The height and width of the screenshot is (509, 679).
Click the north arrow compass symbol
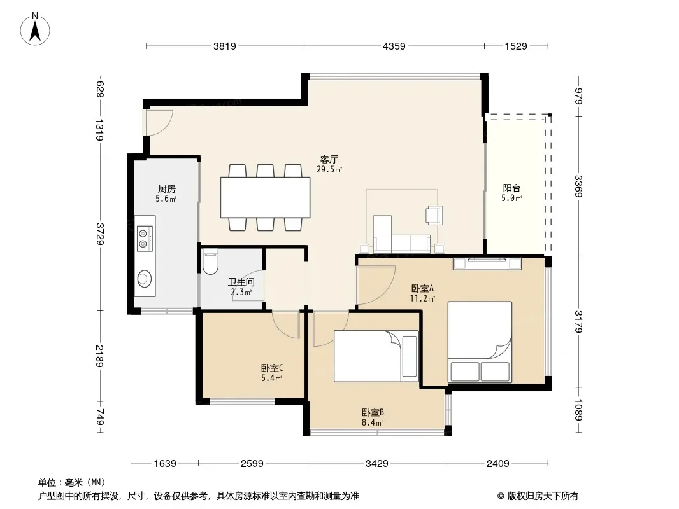click(x=35, y=29)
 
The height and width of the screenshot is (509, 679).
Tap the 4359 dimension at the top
click(x=394, y=46)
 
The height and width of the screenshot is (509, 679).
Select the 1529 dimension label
click(x=516, y=46)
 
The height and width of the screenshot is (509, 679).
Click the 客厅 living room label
click(x=329, y=159)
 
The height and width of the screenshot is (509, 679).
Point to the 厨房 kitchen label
click(x=167, y=188)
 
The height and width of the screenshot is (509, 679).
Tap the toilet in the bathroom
click(x=210, y=261)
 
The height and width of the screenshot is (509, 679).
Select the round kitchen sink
click(x=145, y=279)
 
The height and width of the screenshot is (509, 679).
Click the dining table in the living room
click(x=265, y=197)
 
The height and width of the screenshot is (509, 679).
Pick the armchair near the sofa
click(x=434, y=215)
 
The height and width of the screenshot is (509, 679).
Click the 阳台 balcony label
click(x=511, y=188)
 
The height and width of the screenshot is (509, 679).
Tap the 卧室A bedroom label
click(x=422, y=288)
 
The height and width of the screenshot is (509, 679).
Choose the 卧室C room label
click(x=272, y=368)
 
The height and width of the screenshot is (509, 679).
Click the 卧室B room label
click(x=373, y=412)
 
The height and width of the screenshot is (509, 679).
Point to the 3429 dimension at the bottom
click(x=376, y=464)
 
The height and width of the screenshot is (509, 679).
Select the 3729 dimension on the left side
click(x=100, y=234)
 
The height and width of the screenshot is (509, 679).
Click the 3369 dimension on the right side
click(x=578, y=186)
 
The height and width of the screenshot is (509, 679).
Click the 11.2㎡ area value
click(x=422, y=298)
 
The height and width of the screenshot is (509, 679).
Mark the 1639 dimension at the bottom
click(x=165, y=464)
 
